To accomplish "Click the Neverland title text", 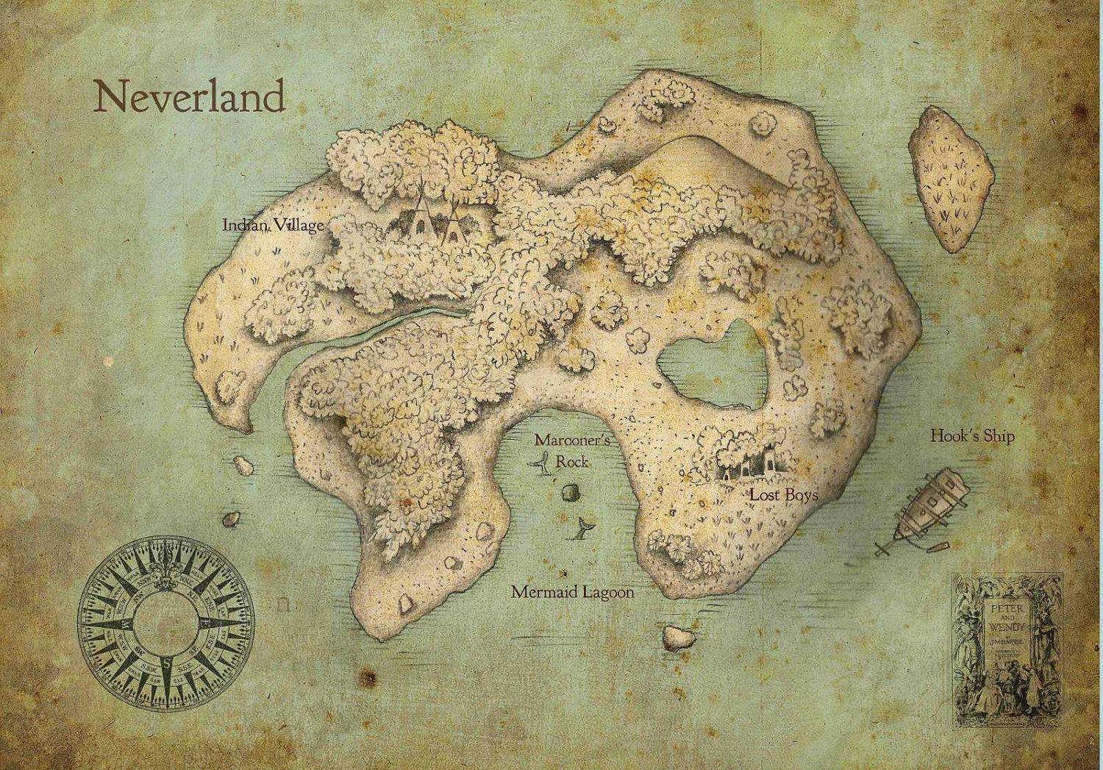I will [x=190, y=97].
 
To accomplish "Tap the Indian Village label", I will [x=273, y=225].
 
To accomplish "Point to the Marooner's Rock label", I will [x=563, y=450].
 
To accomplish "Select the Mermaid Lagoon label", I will [x=572, y=592].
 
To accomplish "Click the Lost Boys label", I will [x=784, y=495].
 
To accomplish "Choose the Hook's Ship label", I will [x=972, y=436].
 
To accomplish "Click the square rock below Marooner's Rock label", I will [x=568, y=493].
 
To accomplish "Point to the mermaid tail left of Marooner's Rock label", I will [x=543, y=464].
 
